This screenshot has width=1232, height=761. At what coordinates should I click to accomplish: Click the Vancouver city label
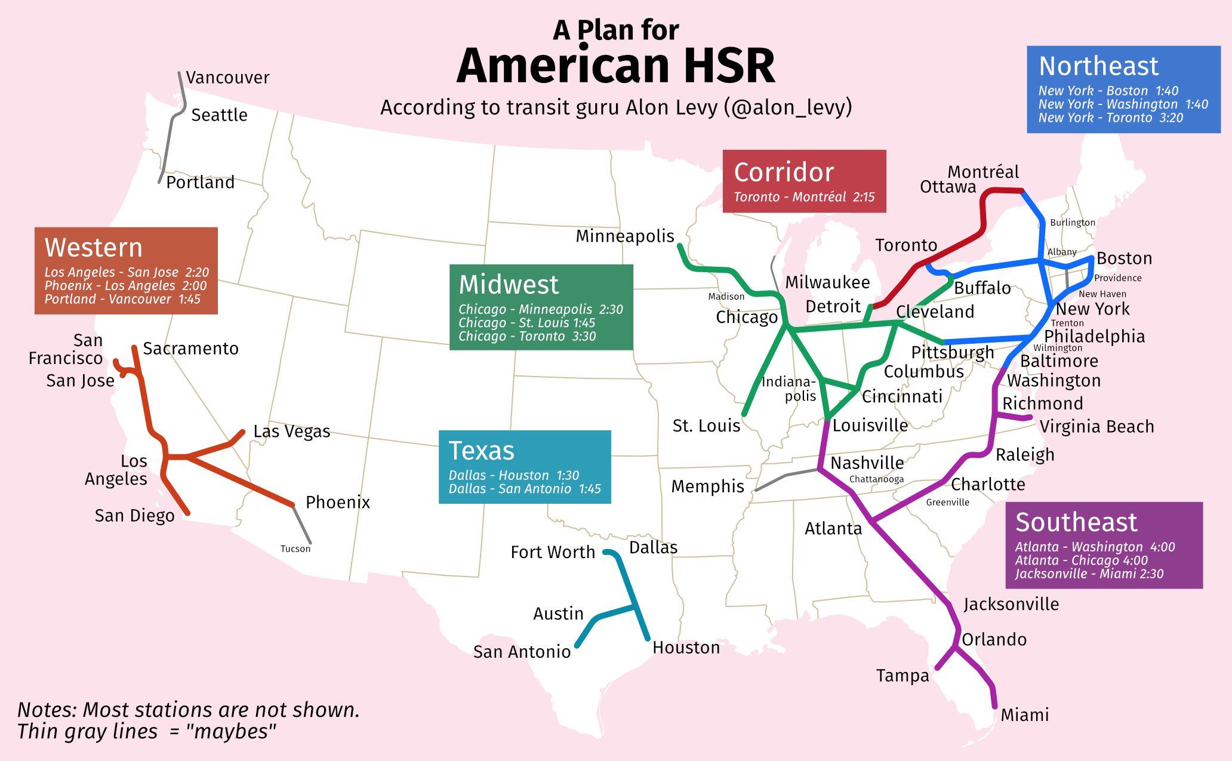point(227,78)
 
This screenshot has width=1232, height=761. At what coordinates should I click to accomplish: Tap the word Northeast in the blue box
point(1098,66)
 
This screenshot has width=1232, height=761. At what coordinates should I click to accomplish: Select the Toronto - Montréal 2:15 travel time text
point(803,197)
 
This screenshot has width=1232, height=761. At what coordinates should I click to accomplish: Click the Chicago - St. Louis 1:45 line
point(526,323)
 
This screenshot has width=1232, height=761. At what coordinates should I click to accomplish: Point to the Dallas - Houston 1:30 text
point(513,475)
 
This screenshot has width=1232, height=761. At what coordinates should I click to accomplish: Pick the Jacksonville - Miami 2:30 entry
point(1089,574)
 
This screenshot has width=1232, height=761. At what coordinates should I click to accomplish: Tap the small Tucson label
point(295,549)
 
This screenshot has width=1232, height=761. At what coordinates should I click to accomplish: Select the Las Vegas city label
point(291,431)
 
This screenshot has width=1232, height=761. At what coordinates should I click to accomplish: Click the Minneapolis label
point(624,236)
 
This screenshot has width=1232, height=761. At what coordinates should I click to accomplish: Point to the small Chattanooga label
point(876,479)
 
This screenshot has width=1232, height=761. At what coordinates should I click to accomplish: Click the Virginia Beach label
point(1097,426)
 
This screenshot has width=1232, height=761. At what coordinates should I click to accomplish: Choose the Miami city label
point(1024,714)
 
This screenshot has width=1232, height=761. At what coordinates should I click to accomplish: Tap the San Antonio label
point(522,651)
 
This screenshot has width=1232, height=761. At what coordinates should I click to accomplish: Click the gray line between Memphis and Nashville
point(787,476)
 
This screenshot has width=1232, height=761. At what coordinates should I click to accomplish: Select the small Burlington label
point(1072,223)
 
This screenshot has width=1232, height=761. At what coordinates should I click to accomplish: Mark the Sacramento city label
point(190,349)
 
